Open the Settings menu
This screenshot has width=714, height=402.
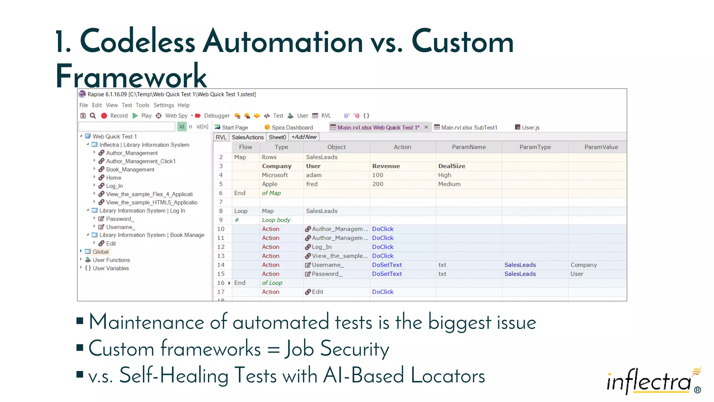tap(164, 105)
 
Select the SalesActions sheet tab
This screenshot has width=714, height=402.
tap(248, 137)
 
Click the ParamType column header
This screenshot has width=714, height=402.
tap(535, 147)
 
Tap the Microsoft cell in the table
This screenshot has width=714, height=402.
tap(275, 175)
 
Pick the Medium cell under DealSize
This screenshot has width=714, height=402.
tap(449, 184)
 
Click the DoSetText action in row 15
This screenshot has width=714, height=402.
tap(387, 274)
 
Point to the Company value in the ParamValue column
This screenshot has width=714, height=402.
tap(584, 265)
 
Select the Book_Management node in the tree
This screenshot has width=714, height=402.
tap(130, 170)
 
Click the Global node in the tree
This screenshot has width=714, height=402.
tap(100, 252)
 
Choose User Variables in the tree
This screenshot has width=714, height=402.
tap(111, 268)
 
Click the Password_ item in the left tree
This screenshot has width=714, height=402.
tap(120, 219)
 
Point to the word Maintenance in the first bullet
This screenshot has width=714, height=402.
tap(146, 322)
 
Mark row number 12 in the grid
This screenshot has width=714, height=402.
tap(221, 247)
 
